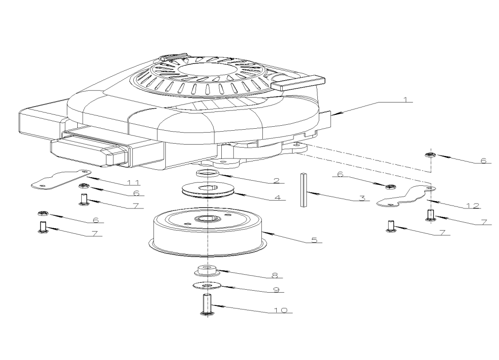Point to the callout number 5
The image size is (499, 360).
[314, 240]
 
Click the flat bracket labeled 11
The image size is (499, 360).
[59, 178]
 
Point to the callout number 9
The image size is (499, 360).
[277, 289]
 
